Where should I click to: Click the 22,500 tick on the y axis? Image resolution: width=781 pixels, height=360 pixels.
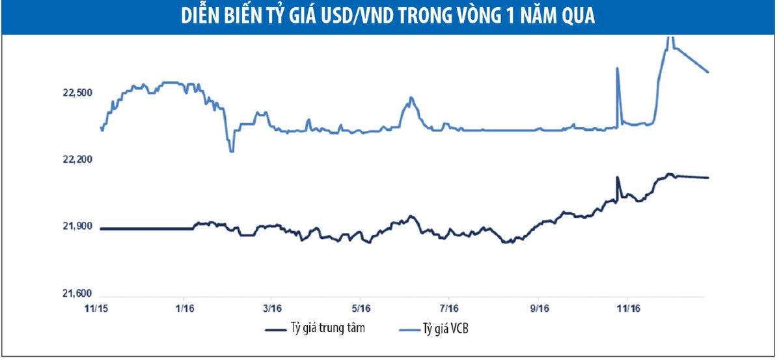pos(77,93)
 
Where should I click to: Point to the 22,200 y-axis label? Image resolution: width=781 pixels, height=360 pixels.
pos(77,160)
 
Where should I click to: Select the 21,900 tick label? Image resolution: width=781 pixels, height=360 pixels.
pos(77,227)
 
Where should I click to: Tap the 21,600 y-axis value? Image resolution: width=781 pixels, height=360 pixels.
pos(77,294)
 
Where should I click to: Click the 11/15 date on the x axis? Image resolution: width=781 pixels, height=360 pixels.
pos(96,307)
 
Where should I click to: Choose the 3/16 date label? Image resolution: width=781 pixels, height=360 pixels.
pos(272,307)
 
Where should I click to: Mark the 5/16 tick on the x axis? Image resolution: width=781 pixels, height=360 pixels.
pos(361,307)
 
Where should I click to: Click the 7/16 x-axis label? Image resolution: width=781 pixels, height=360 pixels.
pos(450,307)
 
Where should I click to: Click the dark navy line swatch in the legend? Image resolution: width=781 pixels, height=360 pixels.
pos(281,329)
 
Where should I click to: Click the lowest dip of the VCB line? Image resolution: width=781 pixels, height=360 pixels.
pos(231,151)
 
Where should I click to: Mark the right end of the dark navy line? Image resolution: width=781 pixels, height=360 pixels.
pos(708,178)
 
